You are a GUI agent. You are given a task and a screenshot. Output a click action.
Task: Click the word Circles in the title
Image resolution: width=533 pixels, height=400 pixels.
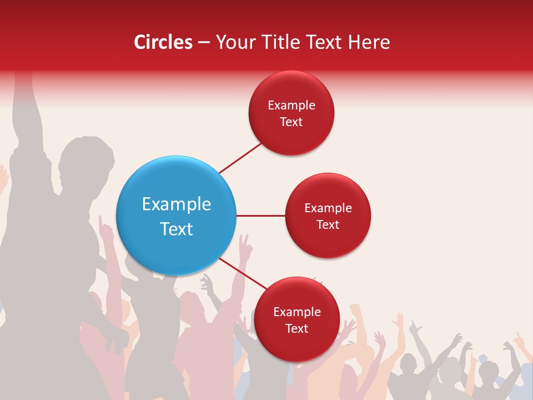[163, 42]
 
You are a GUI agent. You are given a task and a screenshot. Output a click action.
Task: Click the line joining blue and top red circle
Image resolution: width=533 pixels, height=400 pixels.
[240, 158]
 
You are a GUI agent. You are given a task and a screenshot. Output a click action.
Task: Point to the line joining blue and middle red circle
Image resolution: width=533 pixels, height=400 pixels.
[260, 216]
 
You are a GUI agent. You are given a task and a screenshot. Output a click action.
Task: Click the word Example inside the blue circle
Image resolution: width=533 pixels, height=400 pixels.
[177, 204]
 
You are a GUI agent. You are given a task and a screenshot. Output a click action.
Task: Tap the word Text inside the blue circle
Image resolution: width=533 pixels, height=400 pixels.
[177, 229]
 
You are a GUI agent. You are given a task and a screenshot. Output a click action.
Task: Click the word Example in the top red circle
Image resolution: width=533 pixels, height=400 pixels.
[291, 106]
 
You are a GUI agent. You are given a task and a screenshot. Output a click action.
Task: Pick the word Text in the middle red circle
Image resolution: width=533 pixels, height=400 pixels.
[328, 224]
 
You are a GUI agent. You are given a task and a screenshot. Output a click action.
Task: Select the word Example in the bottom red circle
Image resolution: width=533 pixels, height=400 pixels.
[296, 312]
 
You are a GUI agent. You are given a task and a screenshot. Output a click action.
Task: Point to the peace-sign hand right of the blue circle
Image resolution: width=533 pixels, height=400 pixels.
[244, 244]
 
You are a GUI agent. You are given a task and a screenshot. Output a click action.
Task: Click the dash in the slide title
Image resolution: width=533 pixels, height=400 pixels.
[204, 43]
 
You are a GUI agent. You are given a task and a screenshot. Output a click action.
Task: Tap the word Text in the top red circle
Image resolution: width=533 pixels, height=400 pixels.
[291, 122]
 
